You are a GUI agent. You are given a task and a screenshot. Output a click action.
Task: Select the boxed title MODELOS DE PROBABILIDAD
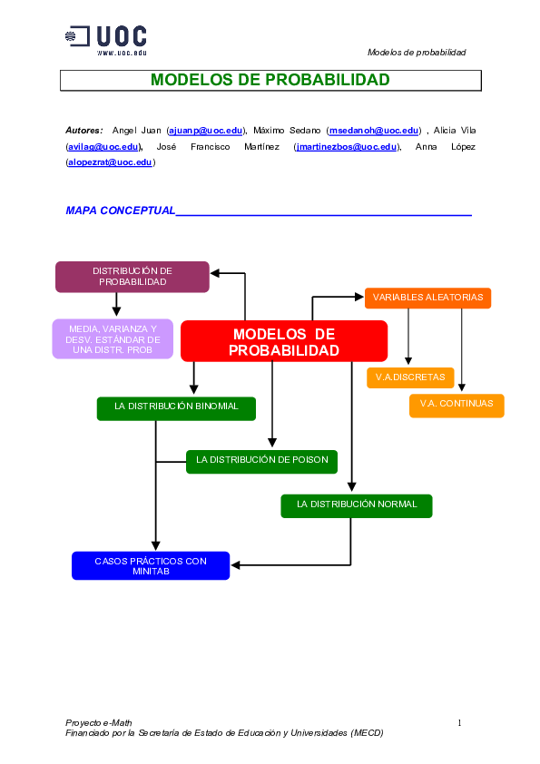click(270, 80)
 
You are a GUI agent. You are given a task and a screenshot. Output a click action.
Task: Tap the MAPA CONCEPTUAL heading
click(120, 211)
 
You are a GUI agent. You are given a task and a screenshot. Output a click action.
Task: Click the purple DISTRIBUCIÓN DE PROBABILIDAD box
click(133, 277)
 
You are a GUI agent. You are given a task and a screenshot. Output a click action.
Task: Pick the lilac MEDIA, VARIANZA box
click(113, 339)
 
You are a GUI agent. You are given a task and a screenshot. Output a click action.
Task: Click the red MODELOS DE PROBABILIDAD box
click(284, 342)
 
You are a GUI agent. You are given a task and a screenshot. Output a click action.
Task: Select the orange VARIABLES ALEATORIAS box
click(427, 298)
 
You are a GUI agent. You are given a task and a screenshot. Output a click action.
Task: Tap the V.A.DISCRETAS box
click(410, 377)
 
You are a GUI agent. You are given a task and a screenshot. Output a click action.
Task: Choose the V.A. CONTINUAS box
click(457, 405)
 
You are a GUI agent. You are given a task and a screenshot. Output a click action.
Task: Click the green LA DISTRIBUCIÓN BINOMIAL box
click(176, 407)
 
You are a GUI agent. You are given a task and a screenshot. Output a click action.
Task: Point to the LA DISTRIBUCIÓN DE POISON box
click(261, 461)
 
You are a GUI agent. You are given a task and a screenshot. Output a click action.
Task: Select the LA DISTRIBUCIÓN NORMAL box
click(357, 504)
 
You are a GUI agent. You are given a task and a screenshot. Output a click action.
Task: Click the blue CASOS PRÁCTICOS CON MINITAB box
click(151, 566)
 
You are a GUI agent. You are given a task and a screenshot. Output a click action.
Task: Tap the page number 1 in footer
click(460, 722)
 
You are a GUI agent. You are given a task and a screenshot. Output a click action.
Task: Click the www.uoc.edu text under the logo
click(122, 54)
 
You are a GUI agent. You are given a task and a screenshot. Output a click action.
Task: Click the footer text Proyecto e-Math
click(92, 722)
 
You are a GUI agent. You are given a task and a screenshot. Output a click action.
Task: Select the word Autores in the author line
click(83, 132)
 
